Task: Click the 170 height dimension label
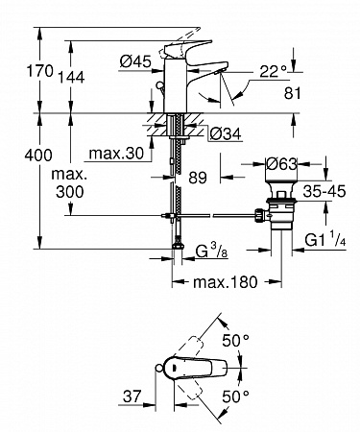coord(39,71)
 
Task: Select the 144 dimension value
coord(71,78)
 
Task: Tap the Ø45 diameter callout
coord(135,61)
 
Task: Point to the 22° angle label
coord(273,71)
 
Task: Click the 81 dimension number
coord(293,93)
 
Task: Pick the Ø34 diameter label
coord(225,134)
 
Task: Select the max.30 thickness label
coord(116,154)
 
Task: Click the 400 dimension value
coord(38,156)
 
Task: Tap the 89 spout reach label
coord(198,178)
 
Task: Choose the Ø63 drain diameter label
coord(281,164)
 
